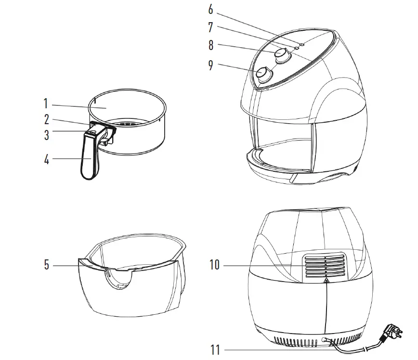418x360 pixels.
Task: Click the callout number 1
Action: point(46,104)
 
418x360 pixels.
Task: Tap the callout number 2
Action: point(47,119)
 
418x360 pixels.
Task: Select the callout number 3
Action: point(47,135)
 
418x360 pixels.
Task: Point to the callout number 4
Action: point(47,160)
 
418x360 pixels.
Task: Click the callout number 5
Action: point(47,265)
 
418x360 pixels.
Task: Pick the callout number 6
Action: point(210,9)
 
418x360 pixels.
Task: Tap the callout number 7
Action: point(210,27)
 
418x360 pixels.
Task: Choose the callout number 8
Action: point(210,46)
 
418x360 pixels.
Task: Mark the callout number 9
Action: point(210,64)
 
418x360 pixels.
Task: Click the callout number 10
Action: point(214,265)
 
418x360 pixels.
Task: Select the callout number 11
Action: point(215,349)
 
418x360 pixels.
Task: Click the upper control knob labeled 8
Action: point(283,55)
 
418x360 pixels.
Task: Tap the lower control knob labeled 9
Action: point(263,74)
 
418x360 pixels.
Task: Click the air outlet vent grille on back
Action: point(324,266)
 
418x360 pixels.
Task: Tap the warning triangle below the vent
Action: point(326,281)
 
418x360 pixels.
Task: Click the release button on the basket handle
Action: point(92,132)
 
